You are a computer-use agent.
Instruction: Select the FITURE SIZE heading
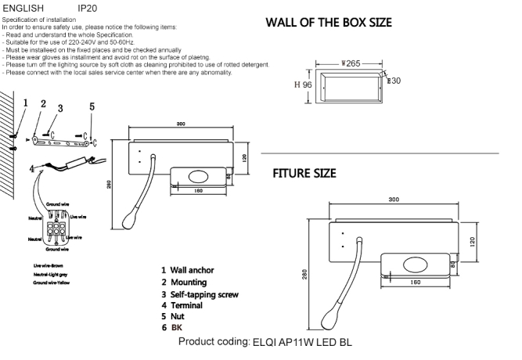(x=304, y=173)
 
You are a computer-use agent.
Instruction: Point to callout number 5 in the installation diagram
(x=92, y=106)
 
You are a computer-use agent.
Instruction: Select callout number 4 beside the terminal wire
(x=31, y=168)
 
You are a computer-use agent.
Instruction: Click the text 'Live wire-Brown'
(x=49, y=267)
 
